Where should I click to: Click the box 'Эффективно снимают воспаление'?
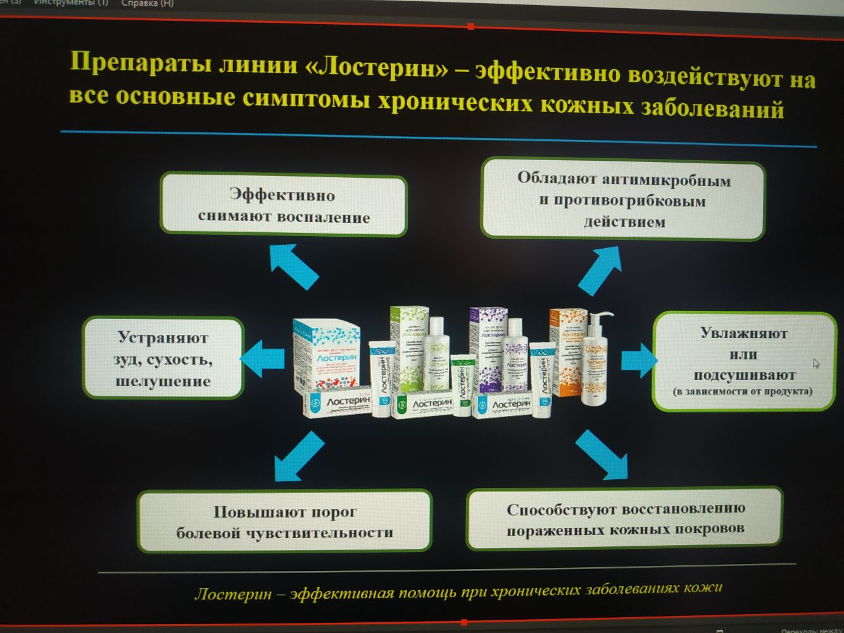click(283, 206)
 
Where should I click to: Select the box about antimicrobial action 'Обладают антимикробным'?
click(623, 200)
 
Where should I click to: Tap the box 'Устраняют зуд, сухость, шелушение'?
click(163, 358)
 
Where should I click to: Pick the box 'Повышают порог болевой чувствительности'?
click(284, 522)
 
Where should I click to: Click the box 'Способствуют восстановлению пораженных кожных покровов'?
click(625, 518)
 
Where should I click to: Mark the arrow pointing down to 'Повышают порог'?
click(298, 456)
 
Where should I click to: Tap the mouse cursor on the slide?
click(816, 363)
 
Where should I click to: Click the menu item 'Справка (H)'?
click(147, 3)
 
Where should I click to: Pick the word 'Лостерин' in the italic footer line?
click(233, 594)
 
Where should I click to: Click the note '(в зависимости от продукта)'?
click(743, 391)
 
